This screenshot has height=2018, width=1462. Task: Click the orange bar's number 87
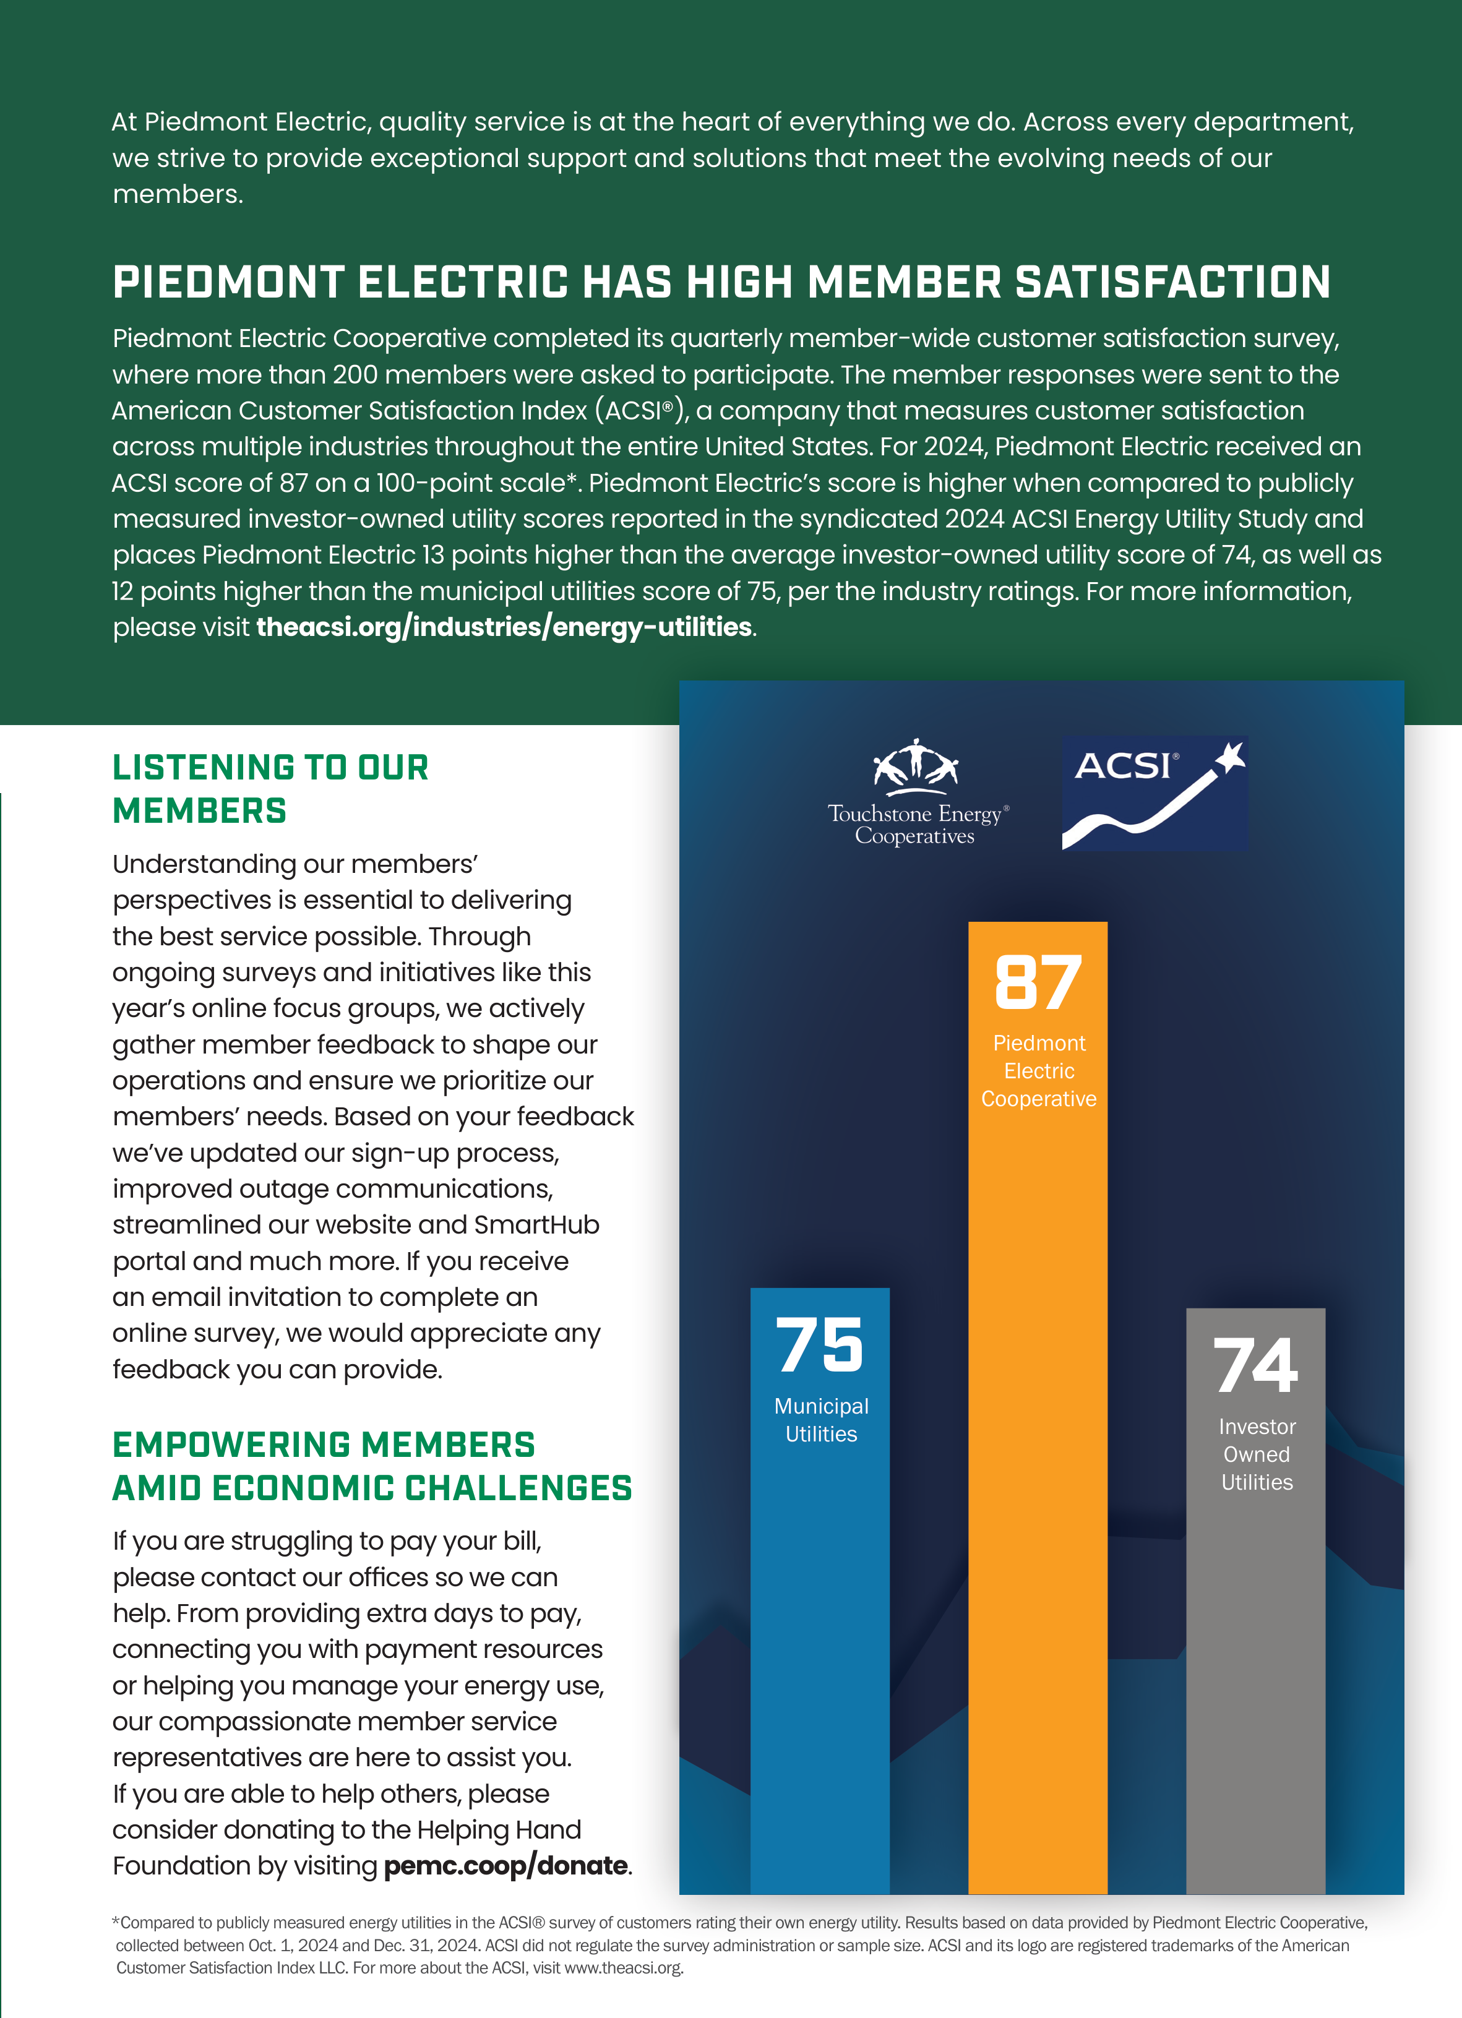point(1038,982)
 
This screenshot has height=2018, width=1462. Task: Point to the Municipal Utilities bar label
point(820,1420)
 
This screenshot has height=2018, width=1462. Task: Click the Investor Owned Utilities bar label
point(1257,1454)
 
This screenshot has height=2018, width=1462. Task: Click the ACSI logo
point(1154,792)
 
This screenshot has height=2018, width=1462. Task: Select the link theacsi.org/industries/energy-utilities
point(504,627)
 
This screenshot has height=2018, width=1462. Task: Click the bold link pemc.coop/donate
point(505,1865)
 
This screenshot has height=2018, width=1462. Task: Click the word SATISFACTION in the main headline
point(1172,283)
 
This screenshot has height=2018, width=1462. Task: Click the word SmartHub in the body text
point(536,1225)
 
